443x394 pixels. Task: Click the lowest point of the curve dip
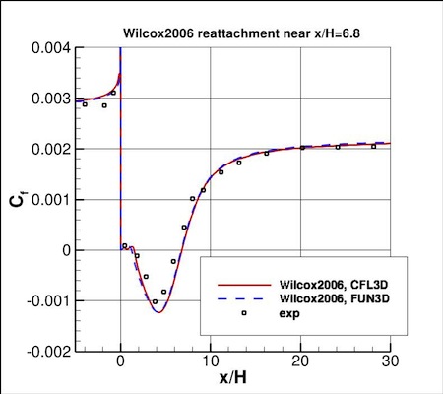(x=158, y=311)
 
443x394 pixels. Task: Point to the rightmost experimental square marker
(x=373, y=147)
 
